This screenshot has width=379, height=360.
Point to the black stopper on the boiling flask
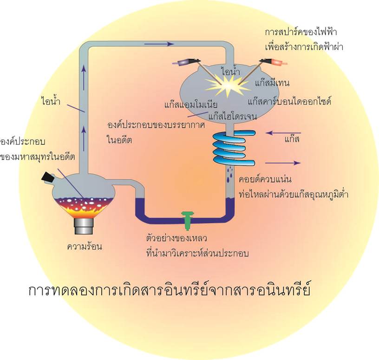pos(47,177)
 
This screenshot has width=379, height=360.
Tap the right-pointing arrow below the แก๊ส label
pos(283,163)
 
